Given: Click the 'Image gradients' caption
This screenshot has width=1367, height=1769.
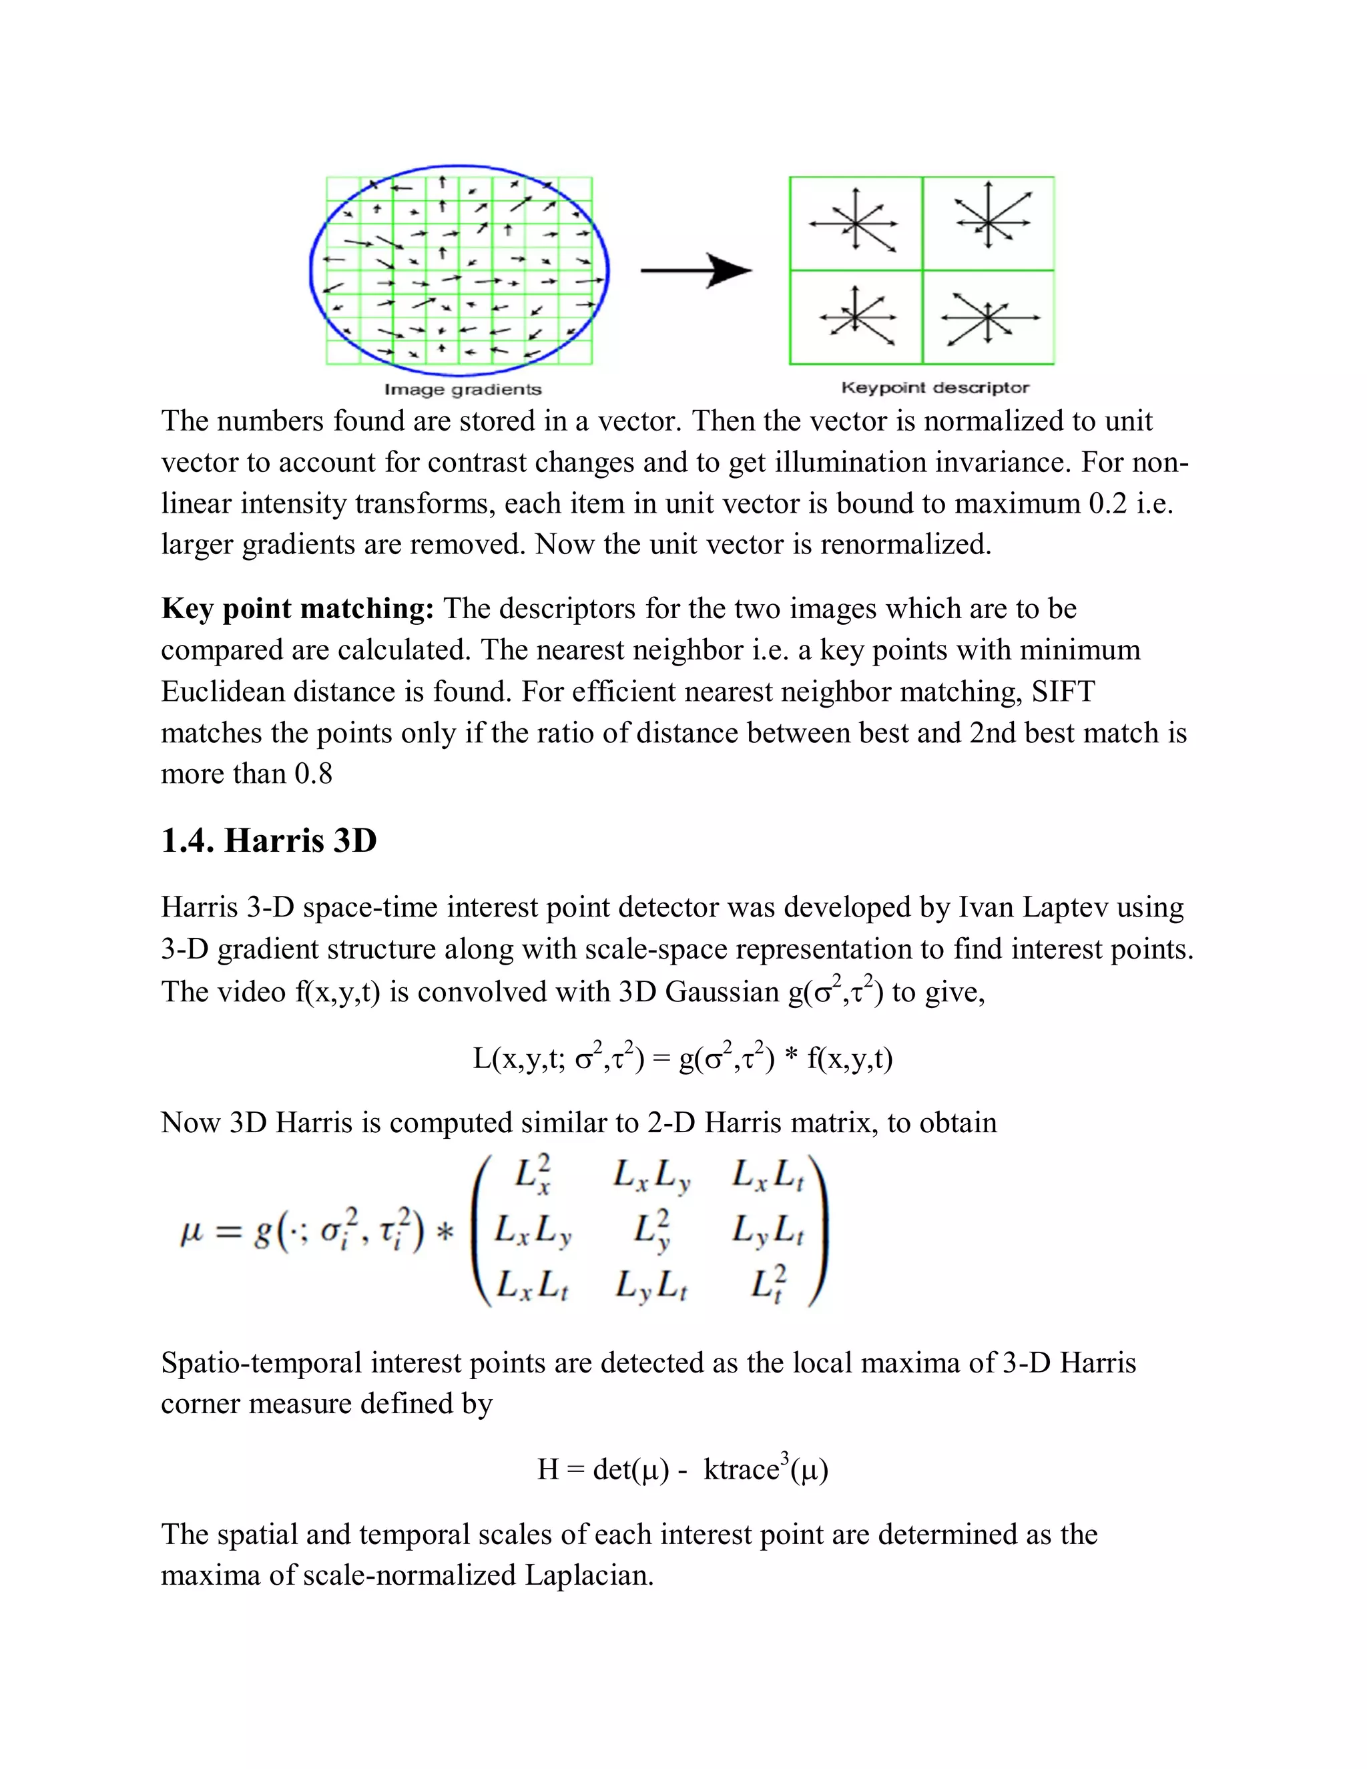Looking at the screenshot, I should [463, 390].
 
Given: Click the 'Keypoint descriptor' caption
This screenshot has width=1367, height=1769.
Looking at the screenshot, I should [934, 387].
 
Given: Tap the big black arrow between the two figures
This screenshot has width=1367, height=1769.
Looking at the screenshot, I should [696, 270].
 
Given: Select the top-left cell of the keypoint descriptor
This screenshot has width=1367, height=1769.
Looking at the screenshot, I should [855, 224].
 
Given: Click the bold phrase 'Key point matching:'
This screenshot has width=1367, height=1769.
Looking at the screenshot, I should [298, 608].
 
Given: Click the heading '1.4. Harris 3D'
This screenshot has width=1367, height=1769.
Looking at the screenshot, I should [269, 840].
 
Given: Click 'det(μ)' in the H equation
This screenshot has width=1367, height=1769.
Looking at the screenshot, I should [631, 1469].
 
